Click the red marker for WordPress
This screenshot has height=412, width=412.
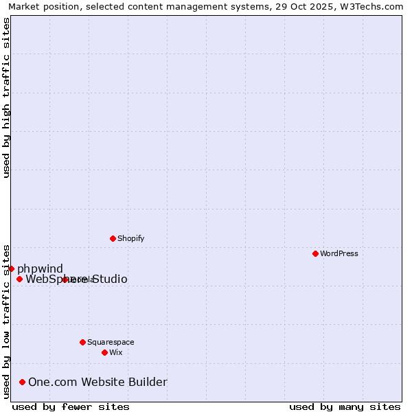[x=315, y=253]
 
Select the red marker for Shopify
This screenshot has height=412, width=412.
[x=113, y=238]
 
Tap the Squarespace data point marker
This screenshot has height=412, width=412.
[x=82, y=342]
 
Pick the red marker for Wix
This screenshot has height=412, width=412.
[x=104, y=352]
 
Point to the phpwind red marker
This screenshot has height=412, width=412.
[x=12, y=268]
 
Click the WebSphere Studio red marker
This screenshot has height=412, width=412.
[x=19, y=279]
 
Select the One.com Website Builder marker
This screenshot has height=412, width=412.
[x=23, y=382]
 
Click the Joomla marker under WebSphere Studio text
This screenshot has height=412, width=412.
[x=65, y=279]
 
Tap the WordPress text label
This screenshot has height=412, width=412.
[x=339, y=253]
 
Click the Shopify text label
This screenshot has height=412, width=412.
[x=130, y=238]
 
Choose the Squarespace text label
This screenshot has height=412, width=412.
[x=111, y=342]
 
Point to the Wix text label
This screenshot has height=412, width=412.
[x=116, y=352]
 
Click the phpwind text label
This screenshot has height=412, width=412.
[x=40, y=268]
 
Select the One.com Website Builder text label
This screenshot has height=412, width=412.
[x=98, y=382]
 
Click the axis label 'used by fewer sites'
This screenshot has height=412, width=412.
[x=71, y=407]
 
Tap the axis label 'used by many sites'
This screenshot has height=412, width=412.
[x=345, y=407]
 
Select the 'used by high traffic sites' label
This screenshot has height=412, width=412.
[x=7, y=98]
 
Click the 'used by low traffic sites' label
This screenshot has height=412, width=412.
[x=7, y=321]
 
